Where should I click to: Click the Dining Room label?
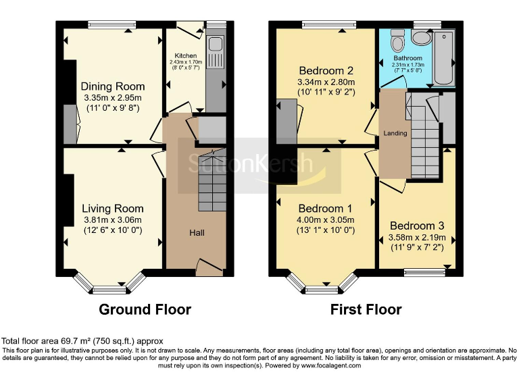coord(113,86)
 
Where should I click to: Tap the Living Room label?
coord(113,208)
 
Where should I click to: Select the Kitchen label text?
coord(186,55)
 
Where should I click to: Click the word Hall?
coord(197,233)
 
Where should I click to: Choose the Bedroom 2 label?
coord(326,70)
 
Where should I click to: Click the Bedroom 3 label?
coord(417,226)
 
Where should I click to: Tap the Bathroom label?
coord(408,59)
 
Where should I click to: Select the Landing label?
coord(395,133)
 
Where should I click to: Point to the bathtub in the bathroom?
coord(443,57)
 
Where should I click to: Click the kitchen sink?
coord(216,45)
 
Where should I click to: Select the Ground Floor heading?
coord(145,310)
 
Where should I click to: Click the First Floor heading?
coord(366,310)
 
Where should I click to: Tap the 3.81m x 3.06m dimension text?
coord(113,219)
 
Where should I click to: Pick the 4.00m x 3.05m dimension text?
coord(326,219)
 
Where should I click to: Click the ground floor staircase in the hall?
coord(211,181)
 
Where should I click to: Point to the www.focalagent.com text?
coord(330,365)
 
